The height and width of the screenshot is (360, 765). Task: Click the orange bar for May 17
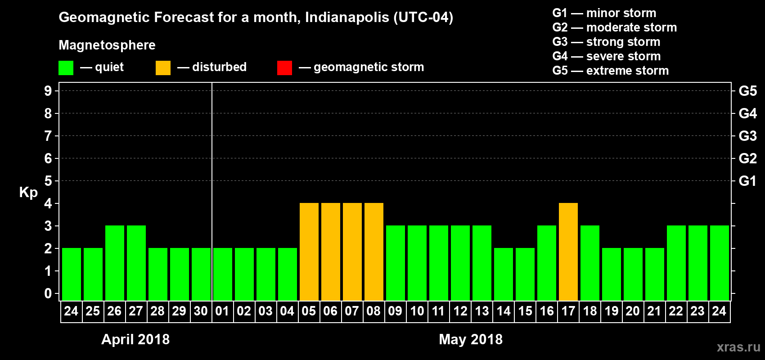[568, 252]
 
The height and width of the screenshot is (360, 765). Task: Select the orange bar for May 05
[309, 252]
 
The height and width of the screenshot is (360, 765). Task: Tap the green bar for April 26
[115, 263]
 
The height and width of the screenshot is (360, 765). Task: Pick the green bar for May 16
[547, 263]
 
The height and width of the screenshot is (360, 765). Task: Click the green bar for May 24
[720, 263]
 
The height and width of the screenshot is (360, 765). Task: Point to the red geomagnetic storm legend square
[284, 67]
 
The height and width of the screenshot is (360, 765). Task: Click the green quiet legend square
[66, 67]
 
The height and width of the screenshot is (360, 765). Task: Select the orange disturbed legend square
[163, 67]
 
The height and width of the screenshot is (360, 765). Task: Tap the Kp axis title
[28, 192]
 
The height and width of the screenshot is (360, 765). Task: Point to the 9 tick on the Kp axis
[48, 91]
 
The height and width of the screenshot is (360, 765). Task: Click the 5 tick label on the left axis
[48, 181]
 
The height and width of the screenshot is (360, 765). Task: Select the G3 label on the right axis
[747, 136]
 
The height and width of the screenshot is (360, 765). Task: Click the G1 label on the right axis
[747, 181]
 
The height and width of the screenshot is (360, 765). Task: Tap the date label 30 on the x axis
[201, 311]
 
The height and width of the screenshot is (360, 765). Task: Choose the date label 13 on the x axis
[482, 311]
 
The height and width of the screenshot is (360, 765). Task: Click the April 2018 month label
[135, 339]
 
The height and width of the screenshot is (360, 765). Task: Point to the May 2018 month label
[471, 339]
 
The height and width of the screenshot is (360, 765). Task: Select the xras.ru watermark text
[738, 347]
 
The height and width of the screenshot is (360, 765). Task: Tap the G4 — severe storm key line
[606, 56]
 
